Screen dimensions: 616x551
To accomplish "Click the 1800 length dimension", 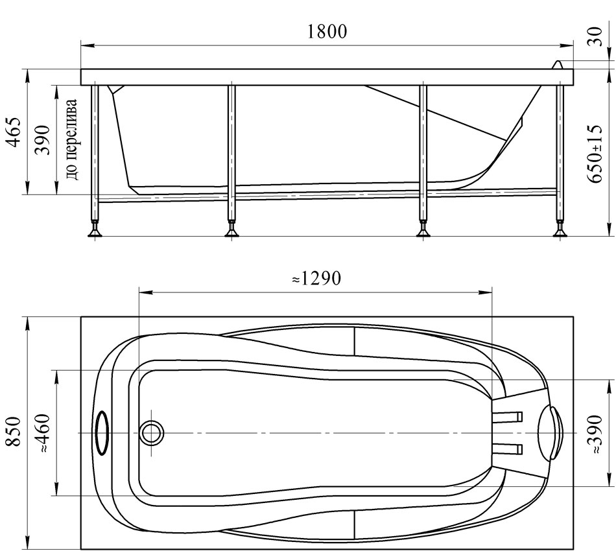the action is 326,32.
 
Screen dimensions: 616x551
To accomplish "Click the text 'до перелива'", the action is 72,139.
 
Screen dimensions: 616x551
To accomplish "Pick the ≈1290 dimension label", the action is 316,279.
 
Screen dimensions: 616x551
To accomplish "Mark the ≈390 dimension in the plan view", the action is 596,434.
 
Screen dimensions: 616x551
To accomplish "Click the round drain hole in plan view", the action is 152,433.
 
